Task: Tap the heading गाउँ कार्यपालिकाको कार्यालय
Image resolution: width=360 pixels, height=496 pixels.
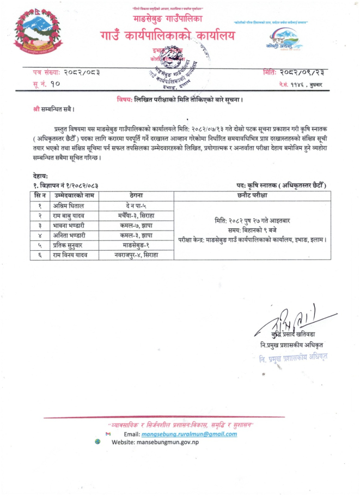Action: tap(167, 37)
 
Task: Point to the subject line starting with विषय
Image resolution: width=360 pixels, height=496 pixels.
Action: tap(179, 100)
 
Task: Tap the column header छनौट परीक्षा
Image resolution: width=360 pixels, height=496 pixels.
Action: tap(251, 195)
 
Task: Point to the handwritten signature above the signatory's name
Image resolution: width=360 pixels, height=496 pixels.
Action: tap(294, 319)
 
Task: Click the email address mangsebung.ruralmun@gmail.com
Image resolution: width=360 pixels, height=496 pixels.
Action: tap(188, 434)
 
